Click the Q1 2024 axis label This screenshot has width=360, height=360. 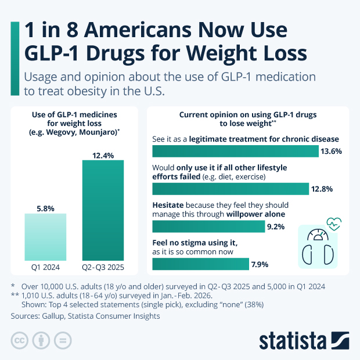point(45,268)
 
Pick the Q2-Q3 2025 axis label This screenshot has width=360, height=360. point(103,268)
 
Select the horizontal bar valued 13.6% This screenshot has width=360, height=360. point(235,151)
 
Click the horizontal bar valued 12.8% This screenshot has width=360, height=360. point(230,189)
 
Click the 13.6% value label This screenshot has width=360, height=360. point(330,152)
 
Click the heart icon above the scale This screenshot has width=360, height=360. point(334,223)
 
